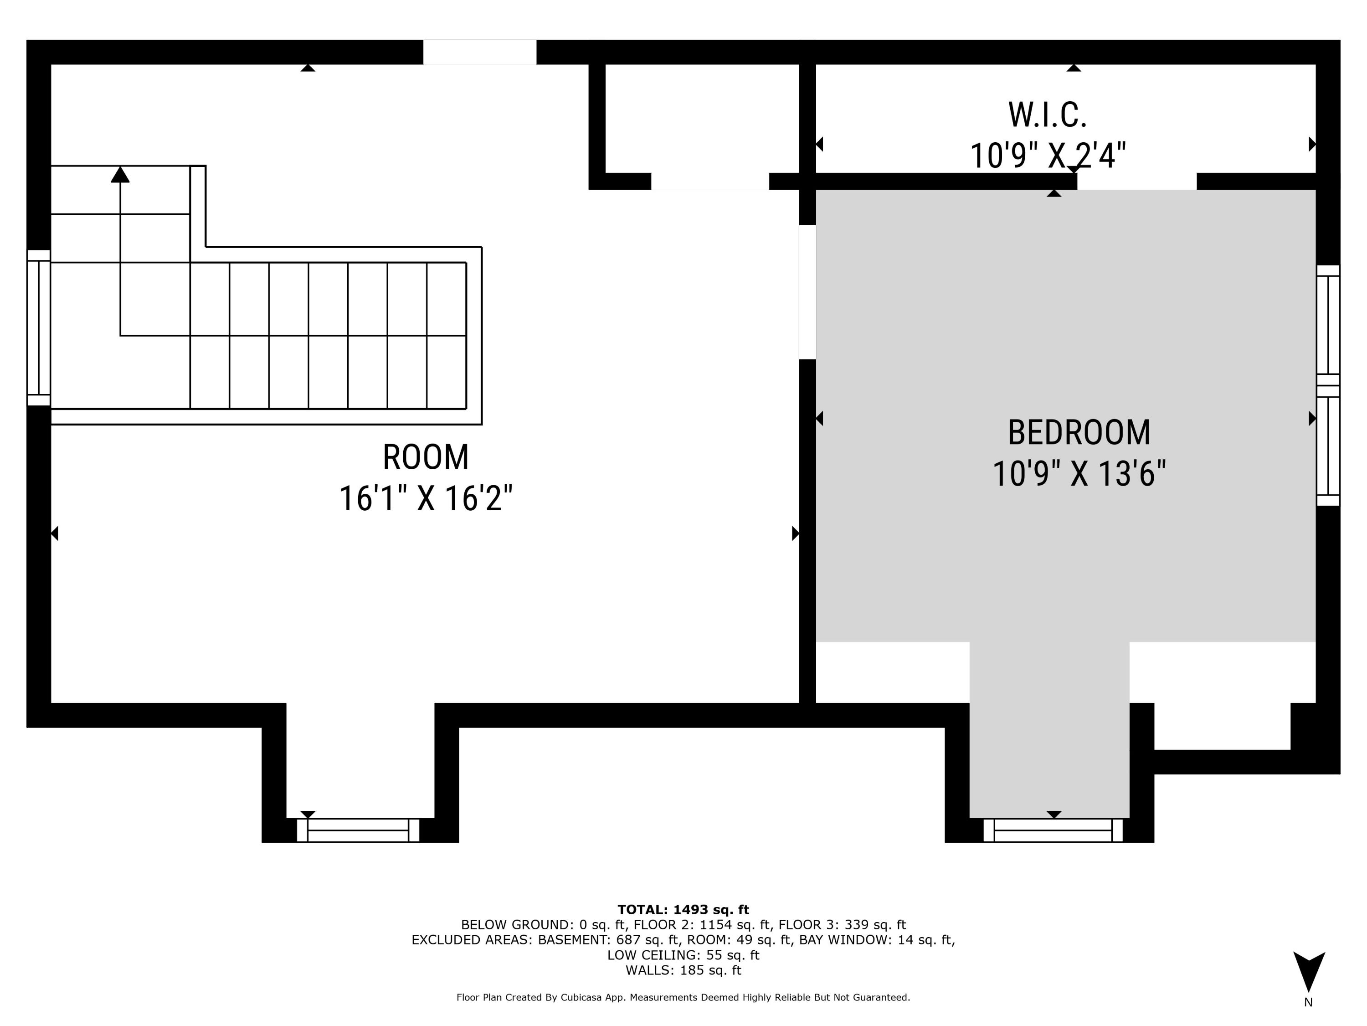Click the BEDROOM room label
coord(1079,432)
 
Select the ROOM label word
coord(426,458)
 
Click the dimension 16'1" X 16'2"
coord(426,498)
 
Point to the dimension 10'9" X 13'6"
coord(1079,474)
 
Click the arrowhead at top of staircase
coord(120,175)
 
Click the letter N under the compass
coord(1308,1002)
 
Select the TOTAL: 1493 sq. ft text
coord(683,909)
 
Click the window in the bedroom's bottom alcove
coord(1053,830)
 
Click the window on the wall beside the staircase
coord(38,328)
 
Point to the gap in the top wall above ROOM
coord(479,52)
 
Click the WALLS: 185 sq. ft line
coord(683,970)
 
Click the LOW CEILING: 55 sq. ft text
coord(683,955)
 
